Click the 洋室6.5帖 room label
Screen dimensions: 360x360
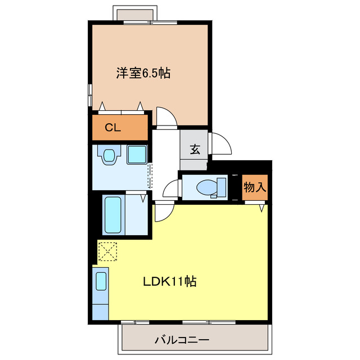click(x=143, y=73)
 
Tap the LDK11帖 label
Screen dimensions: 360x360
click(x=168, y=281)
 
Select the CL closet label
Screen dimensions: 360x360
click(x=113, y=127)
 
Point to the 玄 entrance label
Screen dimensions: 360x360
click(x=195, y=150)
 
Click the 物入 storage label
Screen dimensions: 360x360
click(x=255, y=187)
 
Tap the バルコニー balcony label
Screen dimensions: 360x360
click(x=182, y=340)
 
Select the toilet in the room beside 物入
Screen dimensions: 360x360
click(x=209, y=186)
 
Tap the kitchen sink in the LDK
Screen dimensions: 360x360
click(x=101, y=281)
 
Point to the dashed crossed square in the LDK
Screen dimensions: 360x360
click(x=107, y=251)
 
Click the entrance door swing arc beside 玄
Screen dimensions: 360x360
click(x=220, y=144)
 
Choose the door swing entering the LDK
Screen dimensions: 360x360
click(x=163, y=213)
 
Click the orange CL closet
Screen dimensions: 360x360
click(x=121, y=127)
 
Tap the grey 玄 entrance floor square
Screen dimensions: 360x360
click(x=195, y=150)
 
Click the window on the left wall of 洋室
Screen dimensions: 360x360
click(x=89, y=93)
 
